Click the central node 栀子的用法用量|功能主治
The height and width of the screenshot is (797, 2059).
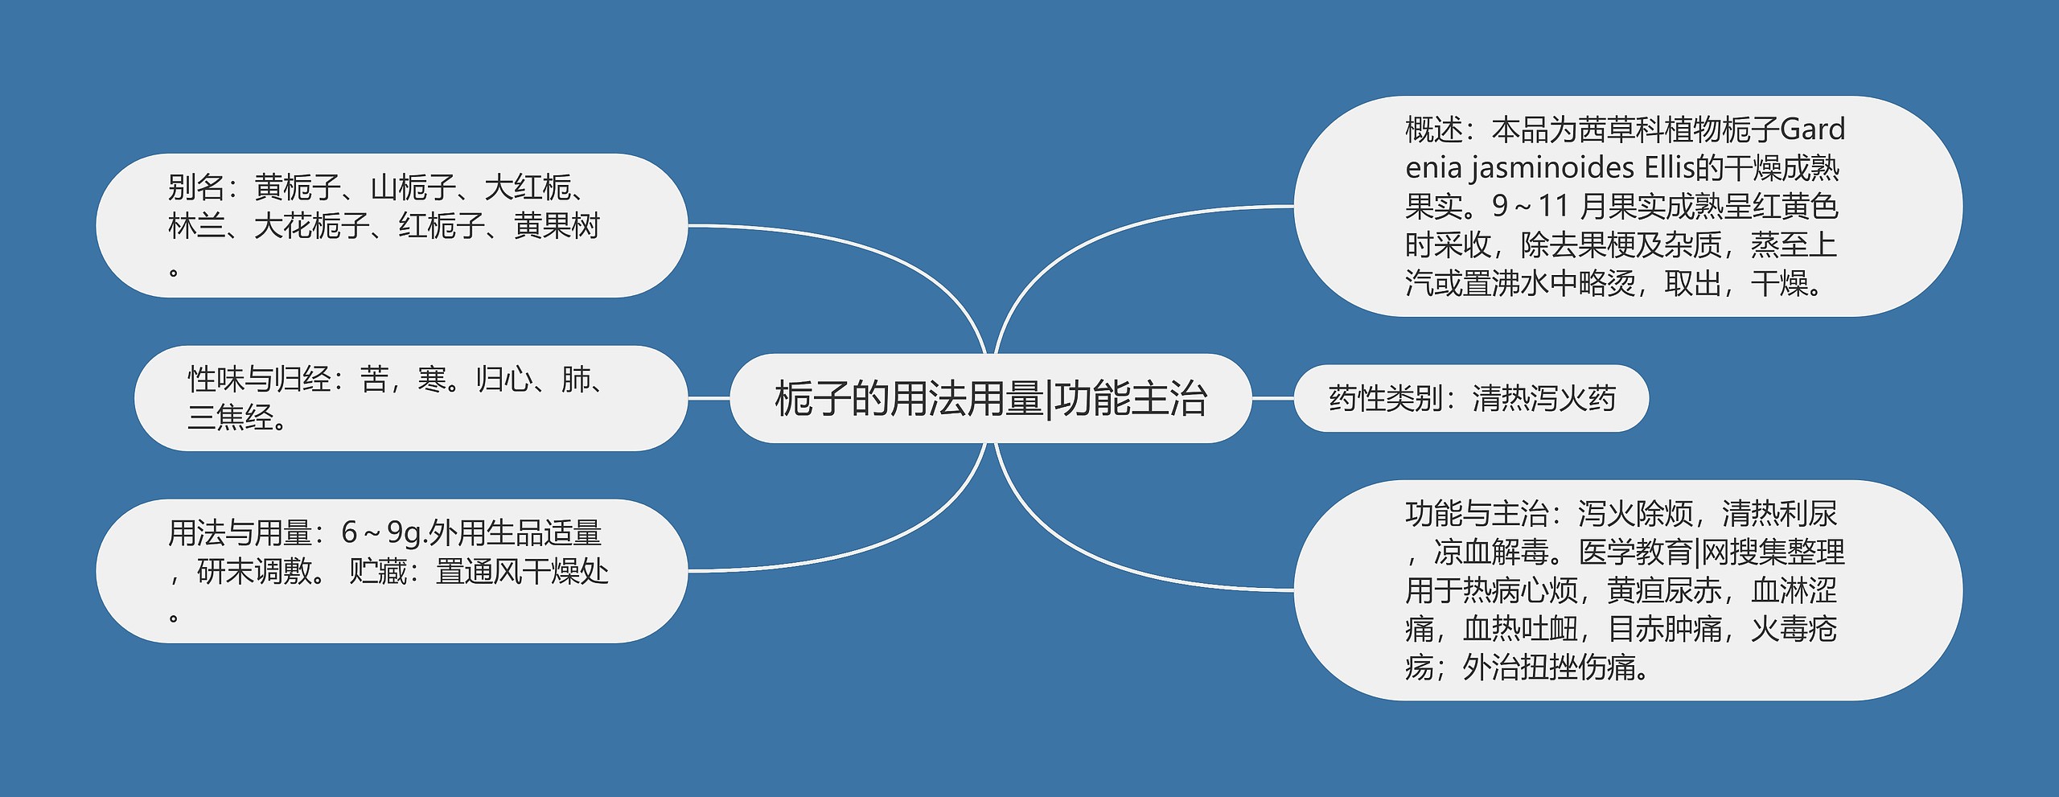pyautogui.click(x=990, y=399)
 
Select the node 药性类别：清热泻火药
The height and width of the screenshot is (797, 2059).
pyautogui.click(x=1471, y=399)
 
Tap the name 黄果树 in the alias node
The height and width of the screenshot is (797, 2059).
pyautogui.click(x=557, y=227)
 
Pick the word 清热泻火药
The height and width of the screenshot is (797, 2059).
pyautogui.click(x=1543, y=399)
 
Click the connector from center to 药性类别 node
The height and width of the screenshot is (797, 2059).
pyautogui.click(x=1272, y=398)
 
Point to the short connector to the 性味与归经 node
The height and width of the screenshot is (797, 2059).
pyautogui.click(x=709, y=398)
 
